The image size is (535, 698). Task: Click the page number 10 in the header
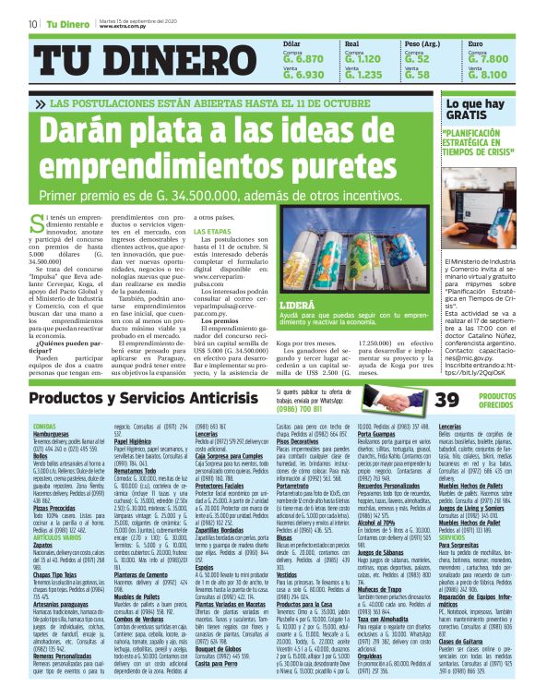(x=32, y=23)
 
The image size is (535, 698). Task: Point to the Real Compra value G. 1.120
(x=363, y=57)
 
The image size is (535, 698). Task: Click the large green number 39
(x=447, y=398)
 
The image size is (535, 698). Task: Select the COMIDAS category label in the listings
(x=44, y=424)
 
